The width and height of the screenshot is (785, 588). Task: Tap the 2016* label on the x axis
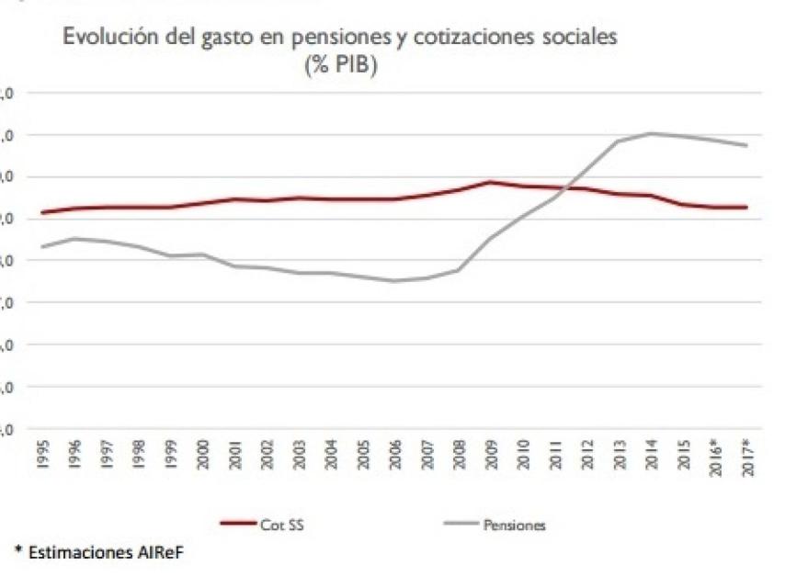click(716, 454)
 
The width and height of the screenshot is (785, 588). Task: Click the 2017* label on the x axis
click(748, 454)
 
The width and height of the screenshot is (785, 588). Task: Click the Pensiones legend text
click(515, 525)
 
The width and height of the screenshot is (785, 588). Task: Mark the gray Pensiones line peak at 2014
click(651, 133)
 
